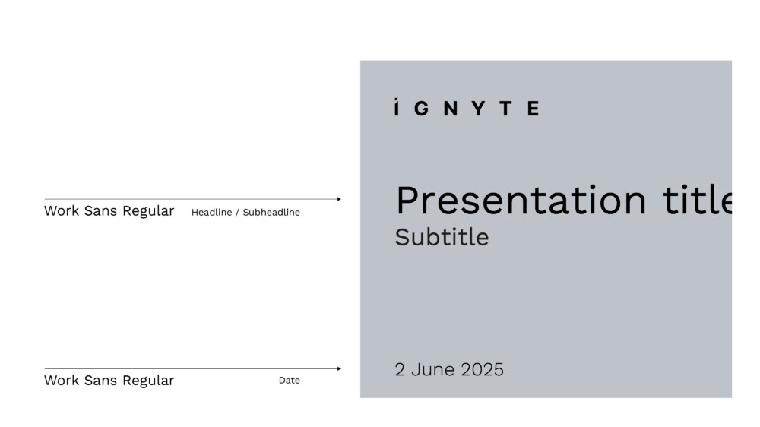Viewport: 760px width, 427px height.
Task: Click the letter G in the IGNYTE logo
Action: pos(422,108)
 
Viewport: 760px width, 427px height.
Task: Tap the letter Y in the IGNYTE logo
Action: pos(478,108)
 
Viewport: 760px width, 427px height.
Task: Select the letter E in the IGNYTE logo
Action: pos(534,108)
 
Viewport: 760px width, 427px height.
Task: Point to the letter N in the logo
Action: pos(451,108)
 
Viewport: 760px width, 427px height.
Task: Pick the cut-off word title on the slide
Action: pos(697,200)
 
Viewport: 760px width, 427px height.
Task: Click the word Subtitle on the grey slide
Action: pos(442,238)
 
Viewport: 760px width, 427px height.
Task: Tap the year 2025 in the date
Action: pos(483,370)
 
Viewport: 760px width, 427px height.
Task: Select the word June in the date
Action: pos(432,370)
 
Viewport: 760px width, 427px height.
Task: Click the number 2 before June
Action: pos(400,370)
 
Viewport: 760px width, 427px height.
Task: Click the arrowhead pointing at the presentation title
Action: pos(339,199)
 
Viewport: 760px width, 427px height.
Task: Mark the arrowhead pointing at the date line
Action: pos(339,368)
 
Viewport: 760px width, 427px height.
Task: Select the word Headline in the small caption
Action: pos(211,212)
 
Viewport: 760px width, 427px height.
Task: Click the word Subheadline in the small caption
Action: pos(271,212)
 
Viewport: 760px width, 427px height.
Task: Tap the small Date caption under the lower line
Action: pos(290,381)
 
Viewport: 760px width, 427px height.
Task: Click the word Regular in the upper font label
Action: pos(148,211)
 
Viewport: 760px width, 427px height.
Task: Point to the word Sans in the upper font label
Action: pos(100,210)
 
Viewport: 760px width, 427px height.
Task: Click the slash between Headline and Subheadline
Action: pos(237,212)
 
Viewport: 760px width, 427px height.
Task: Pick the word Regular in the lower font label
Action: pos(148,381)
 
